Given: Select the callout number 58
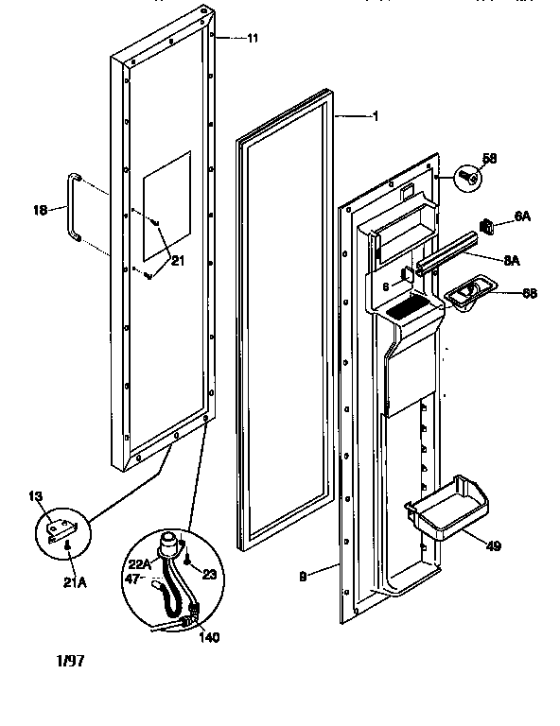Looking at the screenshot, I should point(489,159).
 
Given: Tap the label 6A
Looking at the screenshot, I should point(521,216).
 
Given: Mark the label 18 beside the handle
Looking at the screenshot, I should point(40,212).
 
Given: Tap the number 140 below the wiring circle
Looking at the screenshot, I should point(209,636).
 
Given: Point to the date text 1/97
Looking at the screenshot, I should point(70,661).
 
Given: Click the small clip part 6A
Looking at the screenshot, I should point(488,225).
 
